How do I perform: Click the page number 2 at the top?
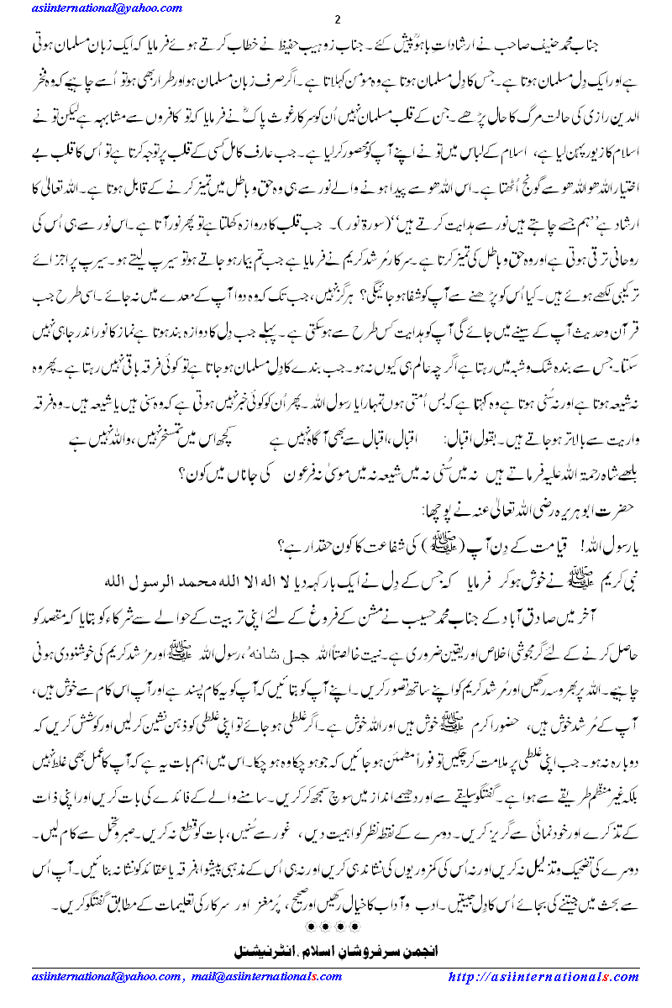click(336, 20)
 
